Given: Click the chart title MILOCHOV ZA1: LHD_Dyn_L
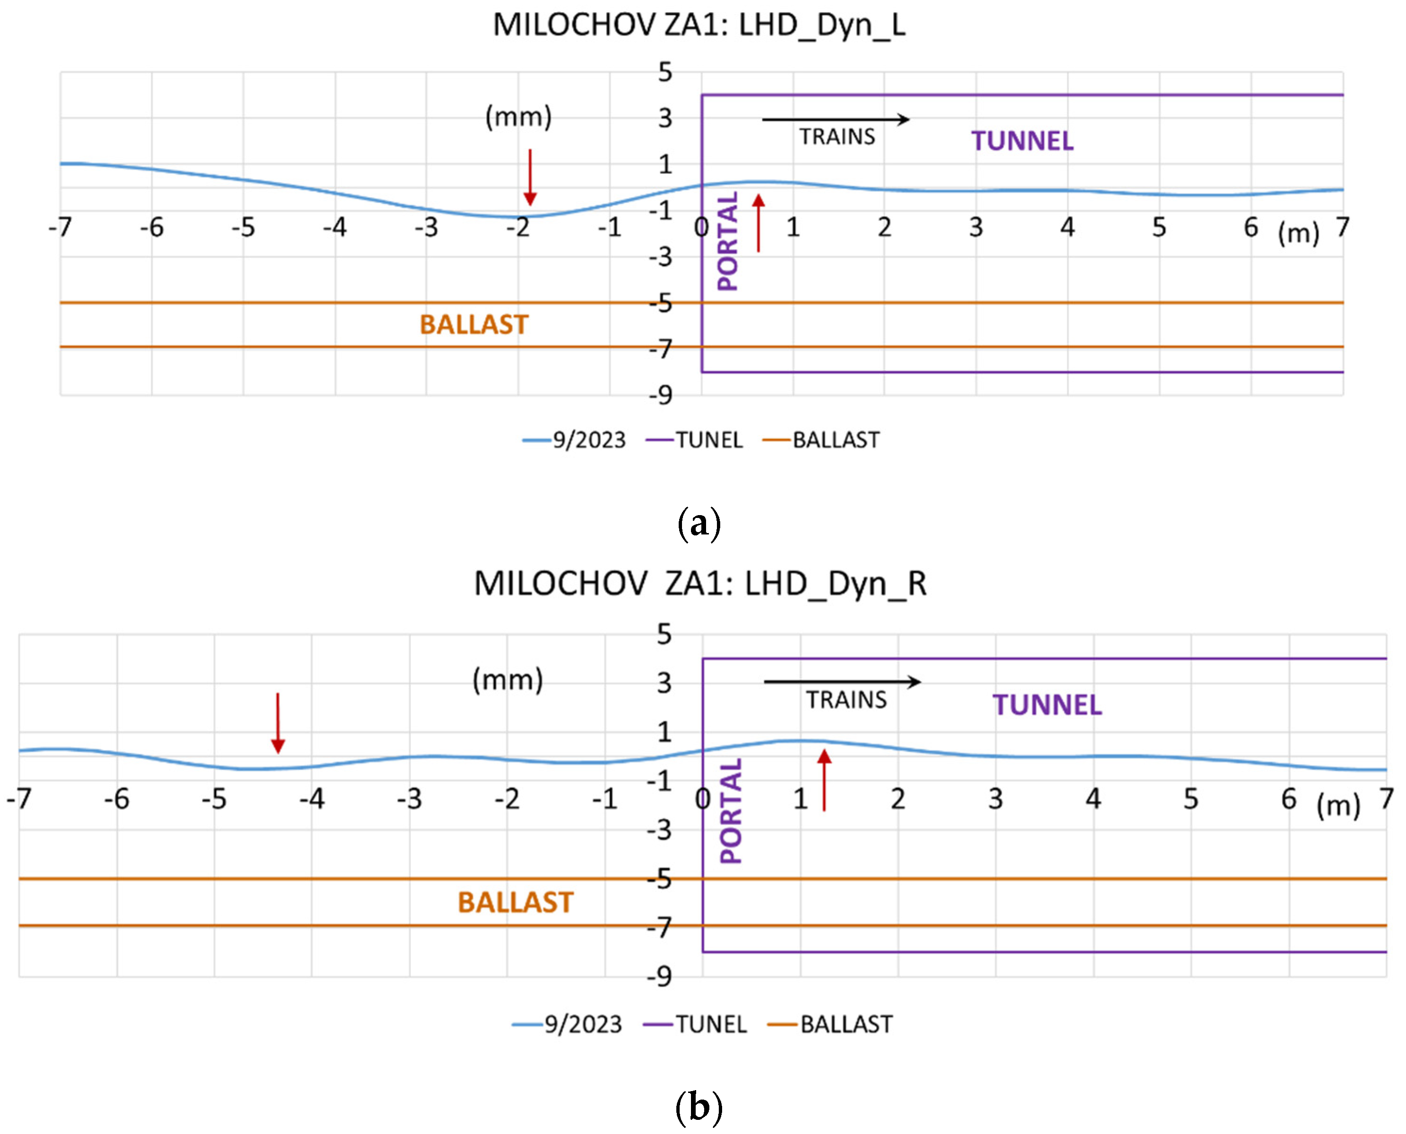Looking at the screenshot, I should pos(699,25).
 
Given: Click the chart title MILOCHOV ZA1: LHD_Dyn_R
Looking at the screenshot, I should pos(699,584).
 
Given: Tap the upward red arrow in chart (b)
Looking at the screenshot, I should pos(824,781).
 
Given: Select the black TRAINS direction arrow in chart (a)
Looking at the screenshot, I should pos(835,119).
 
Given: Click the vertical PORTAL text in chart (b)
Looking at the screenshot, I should pos(731,811).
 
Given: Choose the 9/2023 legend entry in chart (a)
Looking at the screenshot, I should pos(574,440).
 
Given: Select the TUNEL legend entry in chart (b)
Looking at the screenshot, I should pos(696,1024).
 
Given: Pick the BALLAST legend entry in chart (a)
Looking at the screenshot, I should pos(822,440).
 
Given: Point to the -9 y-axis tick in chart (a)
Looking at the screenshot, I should pos(661,395).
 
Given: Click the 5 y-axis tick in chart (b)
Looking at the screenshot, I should pos(664,634).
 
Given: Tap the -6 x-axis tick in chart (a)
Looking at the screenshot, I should pos(152,228).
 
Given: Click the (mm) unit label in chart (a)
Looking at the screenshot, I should pos(518,117).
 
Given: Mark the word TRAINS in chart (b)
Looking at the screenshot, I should pos(846,700).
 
